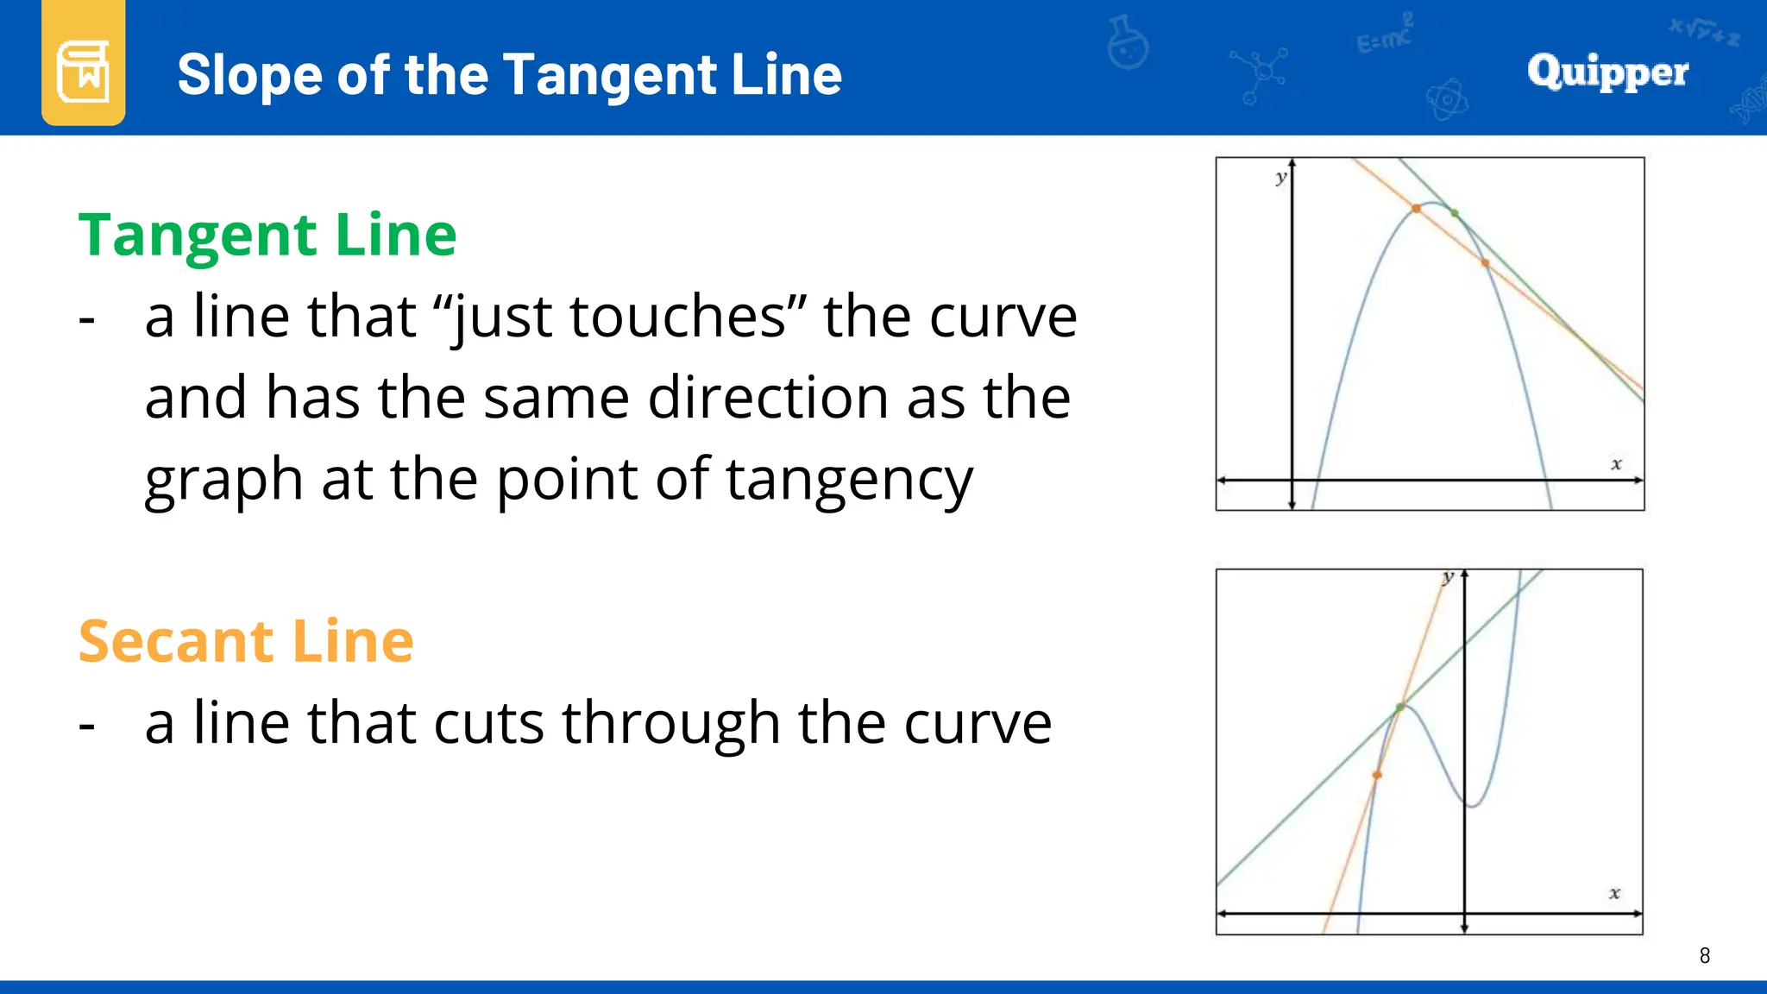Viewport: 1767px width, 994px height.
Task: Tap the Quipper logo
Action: (x=1607, y=72)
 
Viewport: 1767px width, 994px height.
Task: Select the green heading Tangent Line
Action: (x=267, y=235)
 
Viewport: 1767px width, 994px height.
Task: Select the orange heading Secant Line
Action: (x=246, y=641)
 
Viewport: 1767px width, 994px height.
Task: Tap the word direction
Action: (x=768, y=398)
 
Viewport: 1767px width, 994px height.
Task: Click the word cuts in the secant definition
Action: (x=488, y=723)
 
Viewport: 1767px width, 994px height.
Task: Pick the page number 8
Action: (x=1704, y=955)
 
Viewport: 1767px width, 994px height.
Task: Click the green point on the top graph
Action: (x=1455, y=213)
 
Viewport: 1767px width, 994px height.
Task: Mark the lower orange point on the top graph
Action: (x=1485, y=263)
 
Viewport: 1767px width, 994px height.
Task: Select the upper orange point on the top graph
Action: (x=1416, y=209)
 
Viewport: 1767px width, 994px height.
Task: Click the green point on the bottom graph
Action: (x=1400, y=708)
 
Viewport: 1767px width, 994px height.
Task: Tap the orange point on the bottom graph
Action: (x=1377, y=775)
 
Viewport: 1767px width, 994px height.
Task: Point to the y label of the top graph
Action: (x=1281, y=179)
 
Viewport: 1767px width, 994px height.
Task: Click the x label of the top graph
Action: (x=1616, y=464)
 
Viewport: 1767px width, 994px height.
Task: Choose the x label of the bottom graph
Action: (x=1614, y=894)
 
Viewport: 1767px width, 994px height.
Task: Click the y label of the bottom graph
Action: (x=1448, y=577)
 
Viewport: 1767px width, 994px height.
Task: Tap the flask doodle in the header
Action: (x=1128, y=43)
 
